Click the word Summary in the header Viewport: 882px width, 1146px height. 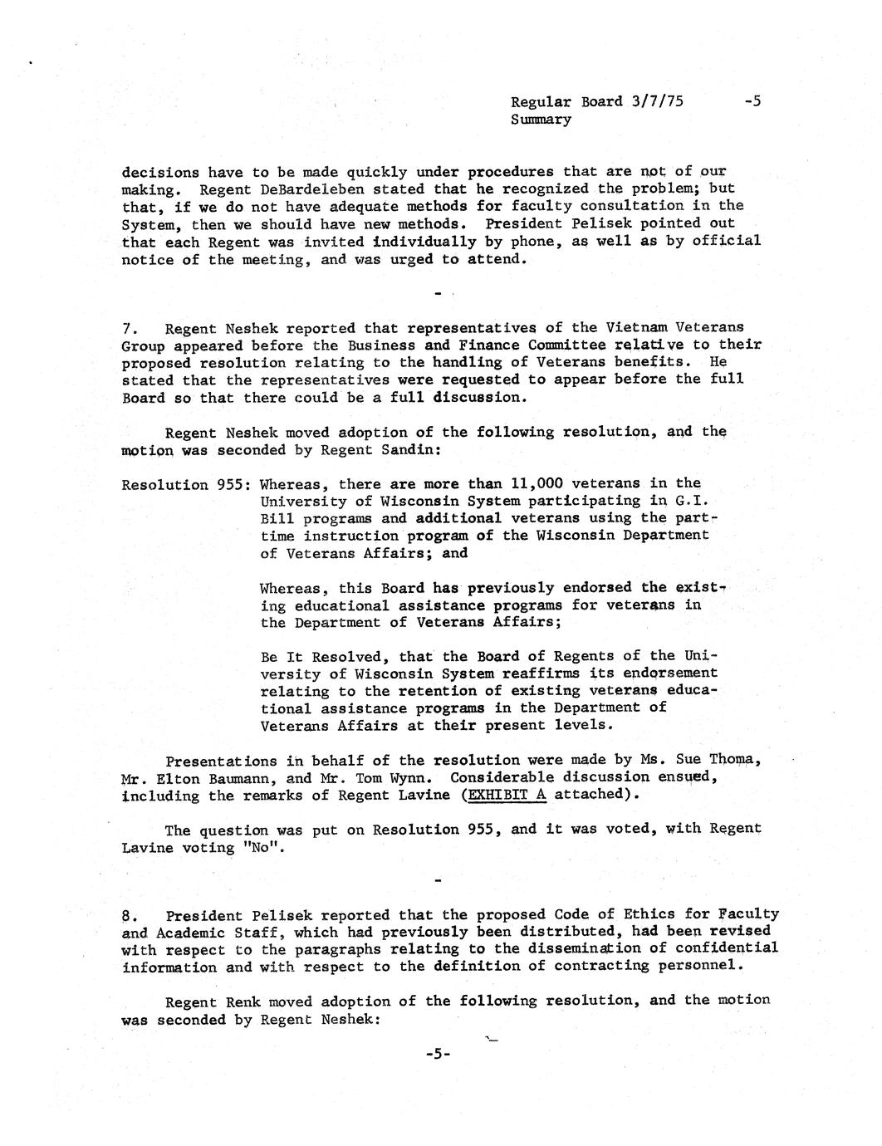[x=541, y=120]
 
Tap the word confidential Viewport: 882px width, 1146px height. [x=727, y=948]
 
